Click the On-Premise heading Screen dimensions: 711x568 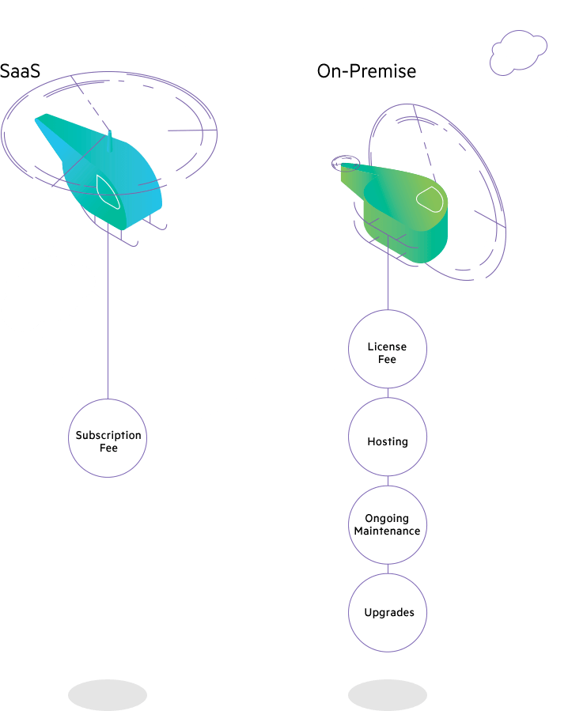click(x=366, y=71)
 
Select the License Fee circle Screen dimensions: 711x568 click(x=388, y=350)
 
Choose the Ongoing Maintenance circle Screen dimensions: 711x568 click(x=388, y=525)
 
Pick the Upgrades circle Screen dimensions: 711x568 click(x=388, y=613)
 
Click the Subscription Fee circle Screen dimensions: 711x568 click(x=108, y=438)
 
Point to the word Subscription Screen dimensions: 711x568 click(x=108, y=435)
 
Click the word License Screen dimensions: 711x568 click(x=387, y=346)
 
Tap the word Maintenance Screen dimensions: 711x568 click(x=387, y=531)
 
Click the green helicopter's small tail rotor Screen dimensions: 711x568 click(x=345, y=164)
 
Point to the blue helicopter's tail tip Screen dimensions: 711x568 click(x=39, y=121)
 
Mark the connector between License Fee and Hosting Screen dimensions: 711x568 click(x=388, y=393)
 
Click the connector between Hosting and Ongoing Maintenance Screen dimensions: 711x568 click(x=388, y=481)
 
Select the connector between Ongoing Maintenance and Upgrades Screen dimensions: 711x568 click(x=388, y=569)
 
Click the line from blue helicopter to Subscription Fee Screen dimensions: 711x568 click(x=108, y=316)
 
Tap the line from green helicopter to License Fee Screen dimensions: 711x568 click(x=388, y=285)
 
